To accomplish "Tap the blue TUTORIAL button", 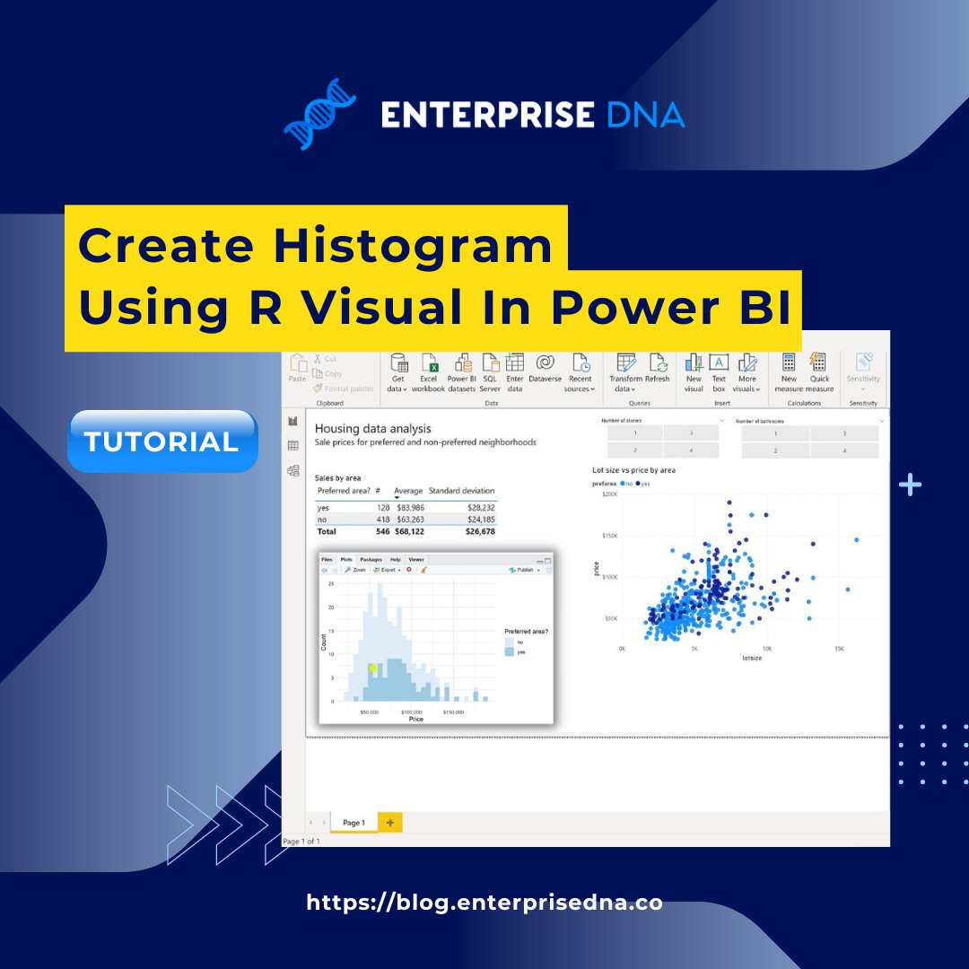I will pyautogui.click(x=161, y=441).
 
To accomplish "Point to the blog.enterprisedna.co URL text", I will pyautogui.click(x=484, y=903).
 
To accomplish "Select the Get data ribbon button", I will pyautogui.click(x=397, y=371).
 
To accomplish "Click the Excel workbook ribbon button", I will pyautogui.click(x=429, y=371).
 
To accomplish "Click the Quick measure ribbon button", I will pyautogui.click(x=819, y=371).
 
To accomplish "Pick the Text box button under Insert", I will pyautogui.click(x=719, y=371).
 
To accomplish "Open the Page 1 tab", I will pyautogui.click(x=354, y=822).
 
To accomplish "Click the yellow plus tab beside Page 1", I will pyautogui.click(x=390, y=822).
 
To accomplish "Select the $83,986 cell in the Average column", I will pyautogui.click(x=410, y=508).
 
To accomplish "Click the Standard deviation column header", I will pyautogui.click(x=461, y=491).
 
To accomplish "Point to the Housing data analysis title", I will pyautogui.click(x=372, y=429).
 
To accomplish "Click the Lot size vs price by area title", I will pyautogui.click(x=633, y=470).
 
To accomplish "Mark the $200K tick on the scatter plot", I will pyautogui.click(x=610, y=494).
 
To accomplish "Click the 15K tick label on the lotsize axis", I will pyautogui.click(x=839, y=648).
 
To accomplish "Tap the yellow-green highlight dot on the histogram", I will pyautogui.click(x=372, y=668).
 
